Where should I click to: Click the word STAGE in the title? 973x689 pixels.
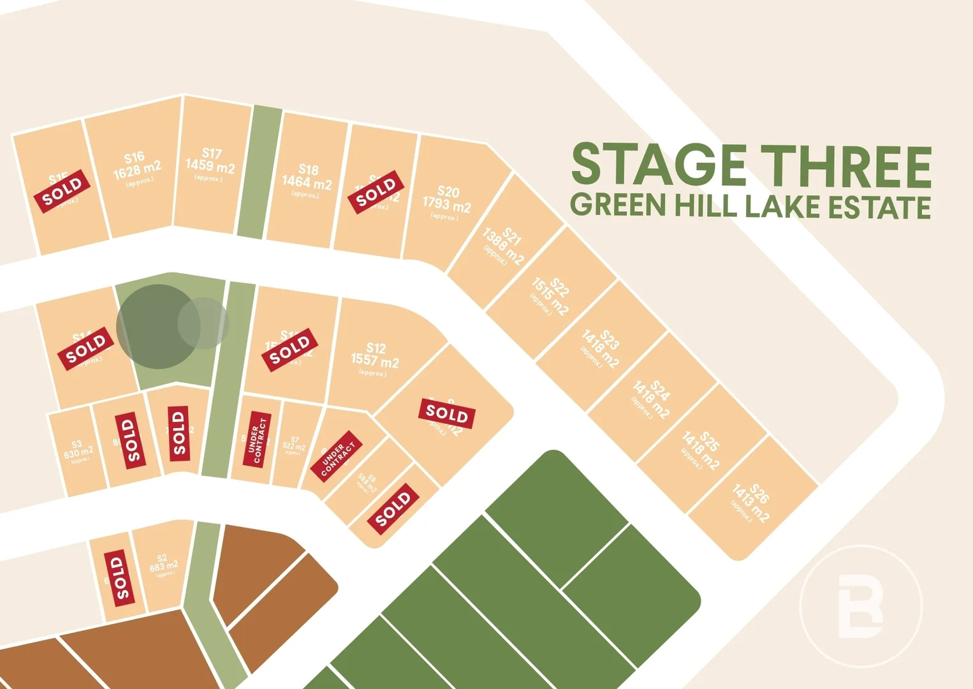click(x=659, y=165)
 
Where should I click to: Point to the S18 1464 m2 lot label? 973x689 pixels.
click(x=307, y=181)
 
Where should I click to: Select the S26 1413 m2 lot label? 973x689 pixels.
click(x=752, y=503)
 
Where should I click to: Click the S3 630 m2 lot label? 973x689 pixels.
click(x=78, y=450)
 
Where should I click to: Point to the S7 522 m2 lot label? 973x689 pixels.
click(x=294, y=445)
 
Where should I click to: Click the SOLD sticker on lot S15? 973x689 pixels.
click(x=62, y=191)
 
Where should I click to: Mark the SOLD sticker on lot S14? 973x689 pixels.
click(x=85, y=348)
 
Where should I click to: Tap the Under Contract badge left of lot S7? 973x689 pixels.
click(x=257, y=439)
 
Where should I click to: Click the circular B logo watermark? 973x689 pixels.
click(x=861, y=606)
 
